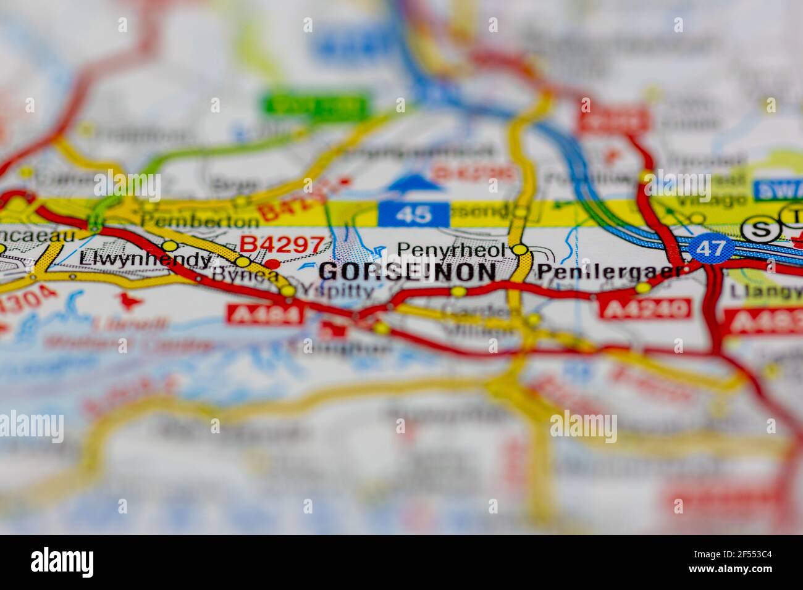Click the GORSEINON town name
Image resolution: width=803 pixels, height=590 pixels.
(x=408, y=272)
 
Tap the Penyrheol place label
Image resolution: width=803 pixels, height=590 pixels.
(x=450, y=250)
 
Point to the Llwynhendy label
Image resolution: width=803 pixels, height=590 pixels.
(x=145, y=260)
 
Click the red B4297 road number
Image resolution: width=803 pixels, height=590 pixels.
(x=281, y=244)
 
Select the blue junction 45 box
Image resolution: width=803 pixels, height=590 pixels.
(x=413, y=214)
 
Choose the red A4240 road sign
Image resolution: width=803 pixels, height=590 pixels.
(x=645, y=308)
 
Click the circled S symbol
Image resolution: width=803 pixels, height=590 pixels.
(x=759, y=230)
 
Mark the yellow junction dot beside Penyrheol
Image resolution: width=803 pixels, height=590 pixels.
(x=521, y=249)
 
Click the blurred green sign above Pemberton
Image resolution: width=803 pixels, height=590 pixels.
(x=316, y=105)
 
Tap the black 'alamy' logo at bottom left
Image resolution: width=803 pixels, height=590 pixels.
(x=62, y=562)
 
